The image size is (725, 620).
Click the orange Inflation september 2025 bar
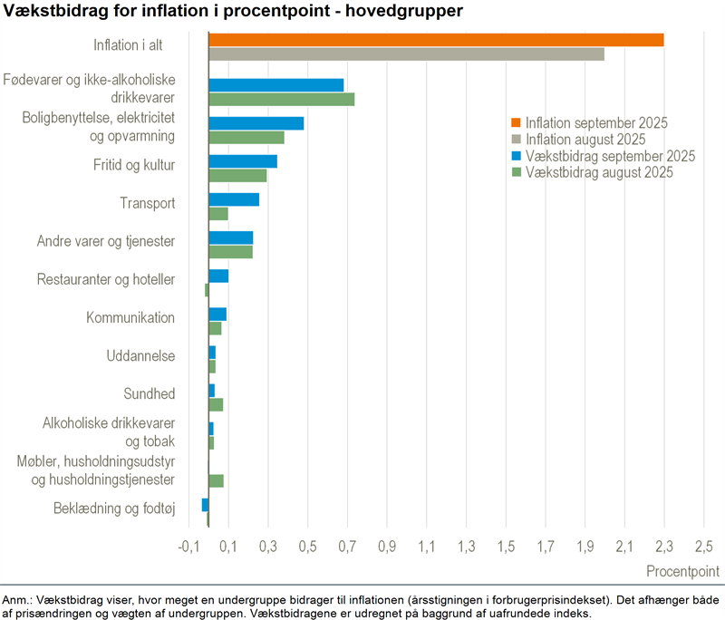(436, 40)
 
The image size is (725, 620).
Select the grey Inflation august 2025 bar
(406, 54)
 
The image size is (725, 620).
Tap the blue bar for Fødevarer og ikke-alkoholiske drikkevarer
(276, 85)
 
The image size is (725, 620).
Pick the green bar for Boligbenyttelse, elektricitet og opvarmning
(246, 138)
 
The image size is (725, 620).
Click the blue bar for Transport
(234, 199)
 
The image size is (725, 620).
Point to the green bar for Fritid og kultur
(237, 176)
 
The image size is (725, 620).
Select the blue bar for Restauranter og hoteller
(218, 276)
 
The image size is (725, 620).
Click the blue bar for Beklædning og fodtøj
(205, 504)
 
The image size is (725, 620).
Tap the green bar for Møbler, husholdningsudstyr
(216, 480)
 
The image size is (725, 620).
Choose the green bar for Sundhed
(216, 404)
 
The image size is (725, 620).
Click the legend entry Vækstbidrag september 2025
(603, 156)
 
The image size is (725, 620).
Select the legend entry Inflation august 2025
(585, 140)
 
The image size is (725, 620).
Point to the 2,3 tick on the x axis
(664, 547)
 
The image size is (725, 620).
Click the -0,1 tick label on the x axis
(188, 547)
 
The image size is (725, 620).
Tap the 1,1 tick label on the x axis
(426, 547)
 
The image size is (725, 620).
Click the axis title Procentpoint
(682, 572)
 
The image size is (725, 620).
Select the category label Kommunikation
(130, 318)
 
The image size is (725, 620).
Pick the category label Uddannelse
(140, 356)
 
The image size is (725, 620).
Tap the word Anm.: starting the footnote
(17, 600)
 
